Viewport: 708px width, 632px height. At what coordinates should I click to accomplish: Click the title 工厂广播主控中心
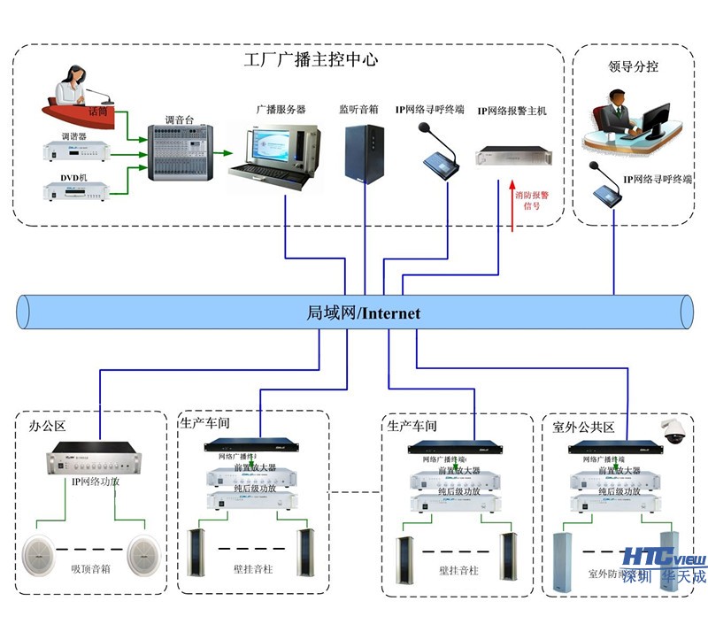tap(311, 61)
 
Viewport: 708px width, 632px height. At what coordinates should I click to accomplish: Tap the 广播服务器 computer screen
tap(276, 144)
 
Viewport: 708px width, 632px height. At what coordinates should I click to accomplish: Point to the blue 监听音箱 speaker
tap(366, 153)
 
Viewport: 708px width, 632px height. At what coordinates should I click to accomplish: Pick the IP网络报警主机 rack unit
tap(512, 157)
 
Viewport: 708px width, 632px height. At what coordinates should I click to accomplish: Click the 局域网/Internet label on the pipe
tap(363, 312)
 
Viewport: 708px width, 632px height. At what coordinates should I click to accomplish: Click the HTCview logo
tap(664, 558)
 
